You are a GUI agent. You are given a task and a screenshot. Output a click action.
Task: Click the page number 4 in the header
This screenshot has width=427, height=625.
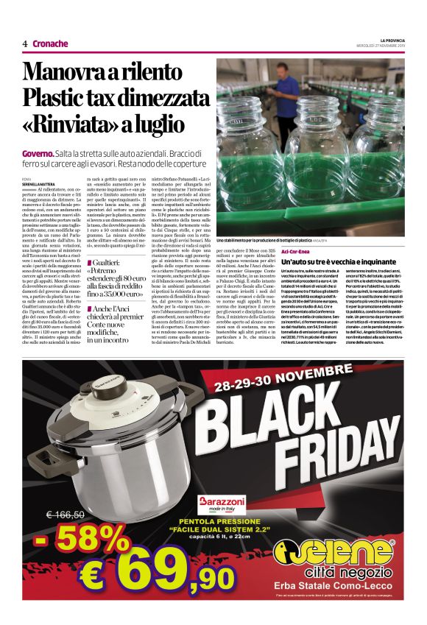click(24, 43)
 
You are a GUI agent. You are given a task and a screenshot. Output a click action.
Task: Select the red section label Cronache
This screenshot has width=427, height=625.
click(50, 43)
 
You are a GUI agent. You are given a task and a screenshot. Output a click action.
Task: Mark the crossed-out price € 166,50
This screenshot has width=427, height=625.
click(66, 515)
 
